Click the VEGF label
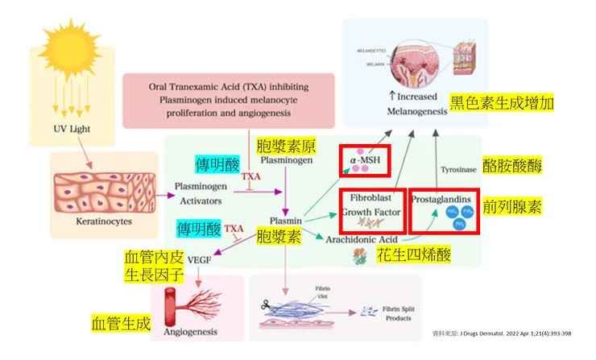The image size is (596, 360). (x=200, y=261)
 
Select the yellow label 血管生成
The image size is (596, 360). (x=121, y=324)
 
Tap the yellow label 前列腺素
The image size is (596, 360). (x=512, y=206)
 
